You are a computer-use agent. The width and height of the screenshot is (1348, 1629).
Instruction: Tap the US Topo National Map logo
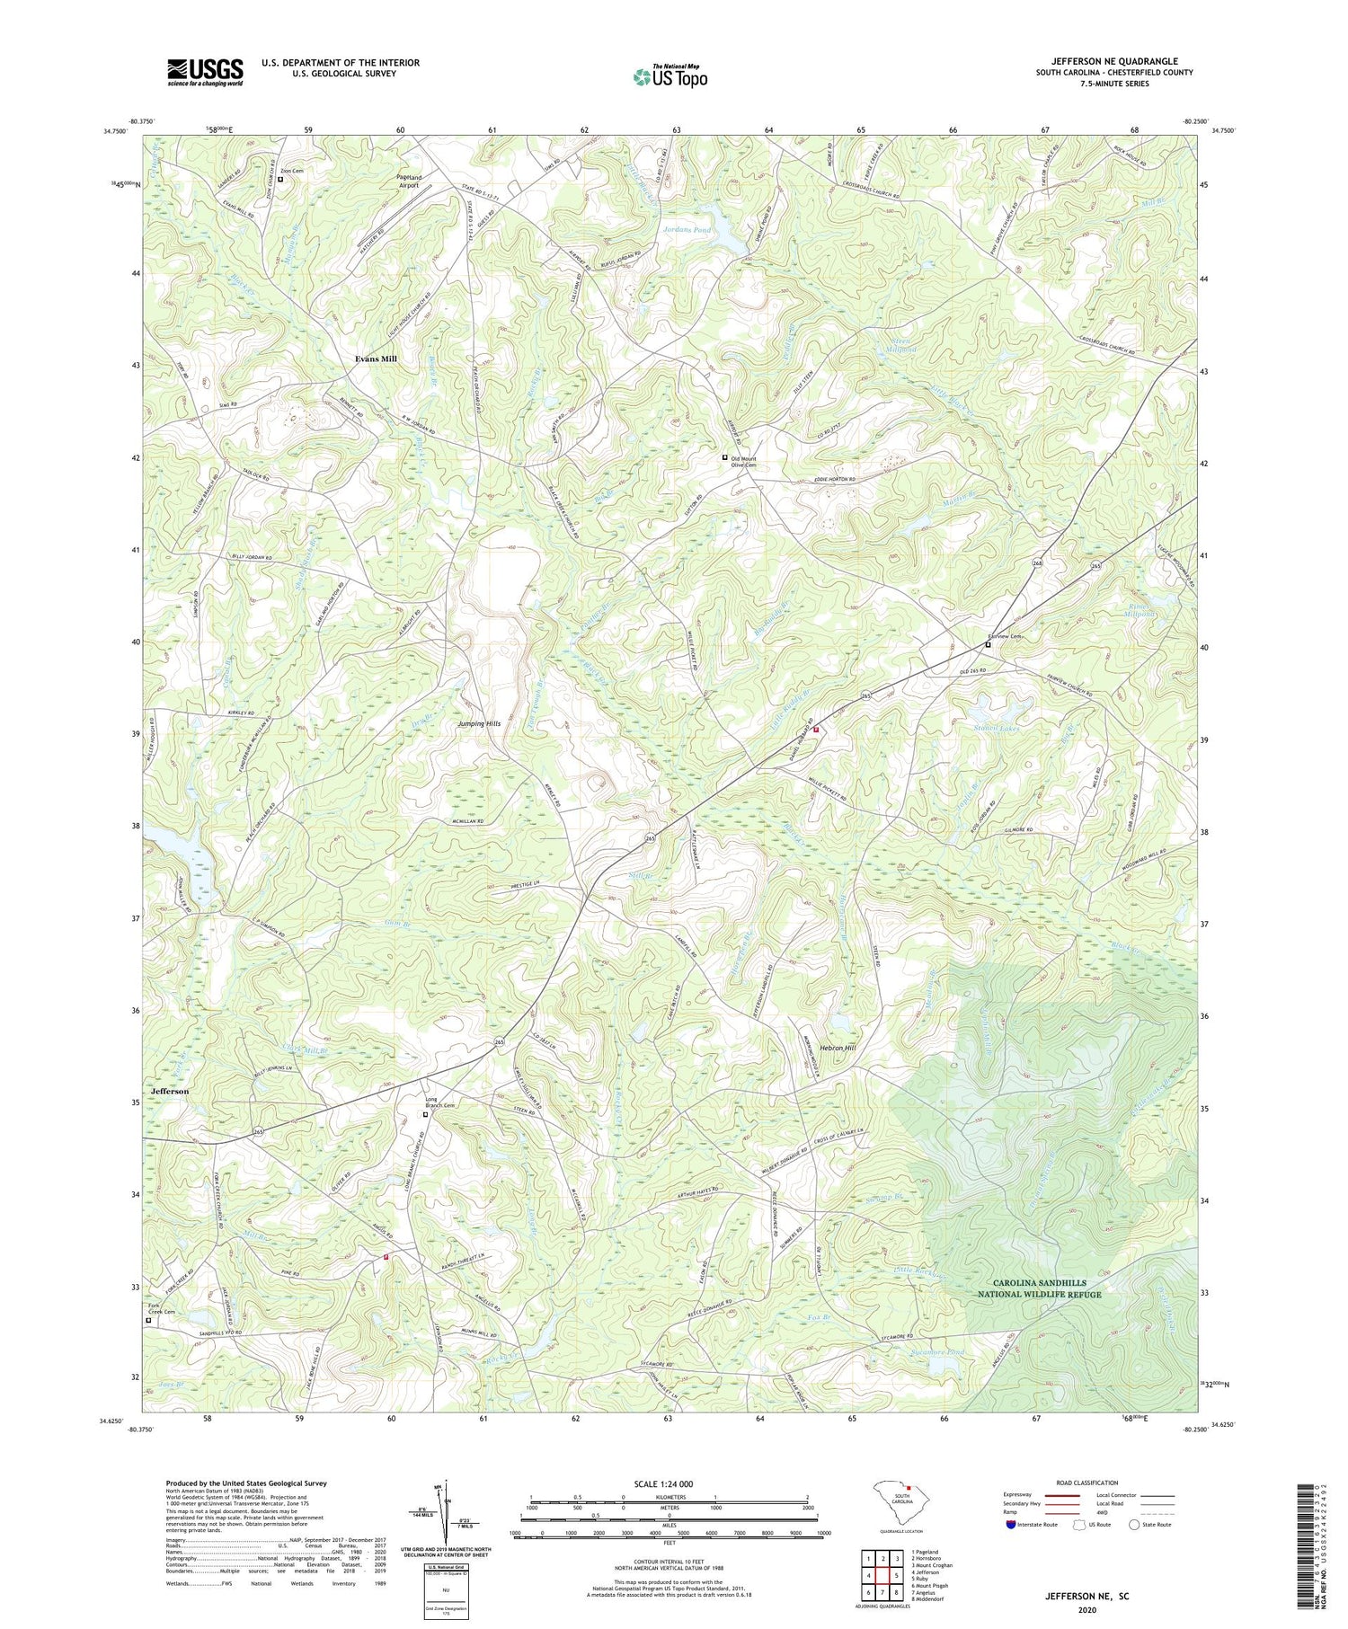tap(670, 75)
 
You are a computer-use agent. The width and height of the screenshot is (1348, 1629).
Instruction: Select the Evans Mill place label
tap(375, 359)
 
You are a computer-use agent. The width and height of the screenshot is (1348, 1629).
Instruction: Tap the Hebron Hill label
tap(837, 1049)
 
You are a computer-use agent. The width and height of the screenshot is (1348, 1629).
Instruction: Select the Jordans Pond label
tap(687, 230)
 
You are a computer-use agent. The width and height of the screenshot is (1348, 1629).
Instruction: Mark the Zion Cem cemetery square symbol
tap(280, 179)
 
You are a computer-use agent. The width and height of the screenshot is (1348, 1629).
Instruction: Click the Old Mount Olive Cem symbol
tap(725, 457)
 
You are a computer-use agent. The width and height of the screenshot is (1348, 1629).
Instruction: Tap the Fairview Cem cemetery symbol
tap(988, 644)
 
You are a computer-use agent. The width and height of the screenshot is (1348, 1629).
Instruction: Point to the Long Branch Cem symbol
tap(426, 1114)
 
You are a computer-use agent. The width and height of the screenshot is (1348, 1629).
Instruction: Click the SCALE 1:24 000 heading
tap(669, 1483)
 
